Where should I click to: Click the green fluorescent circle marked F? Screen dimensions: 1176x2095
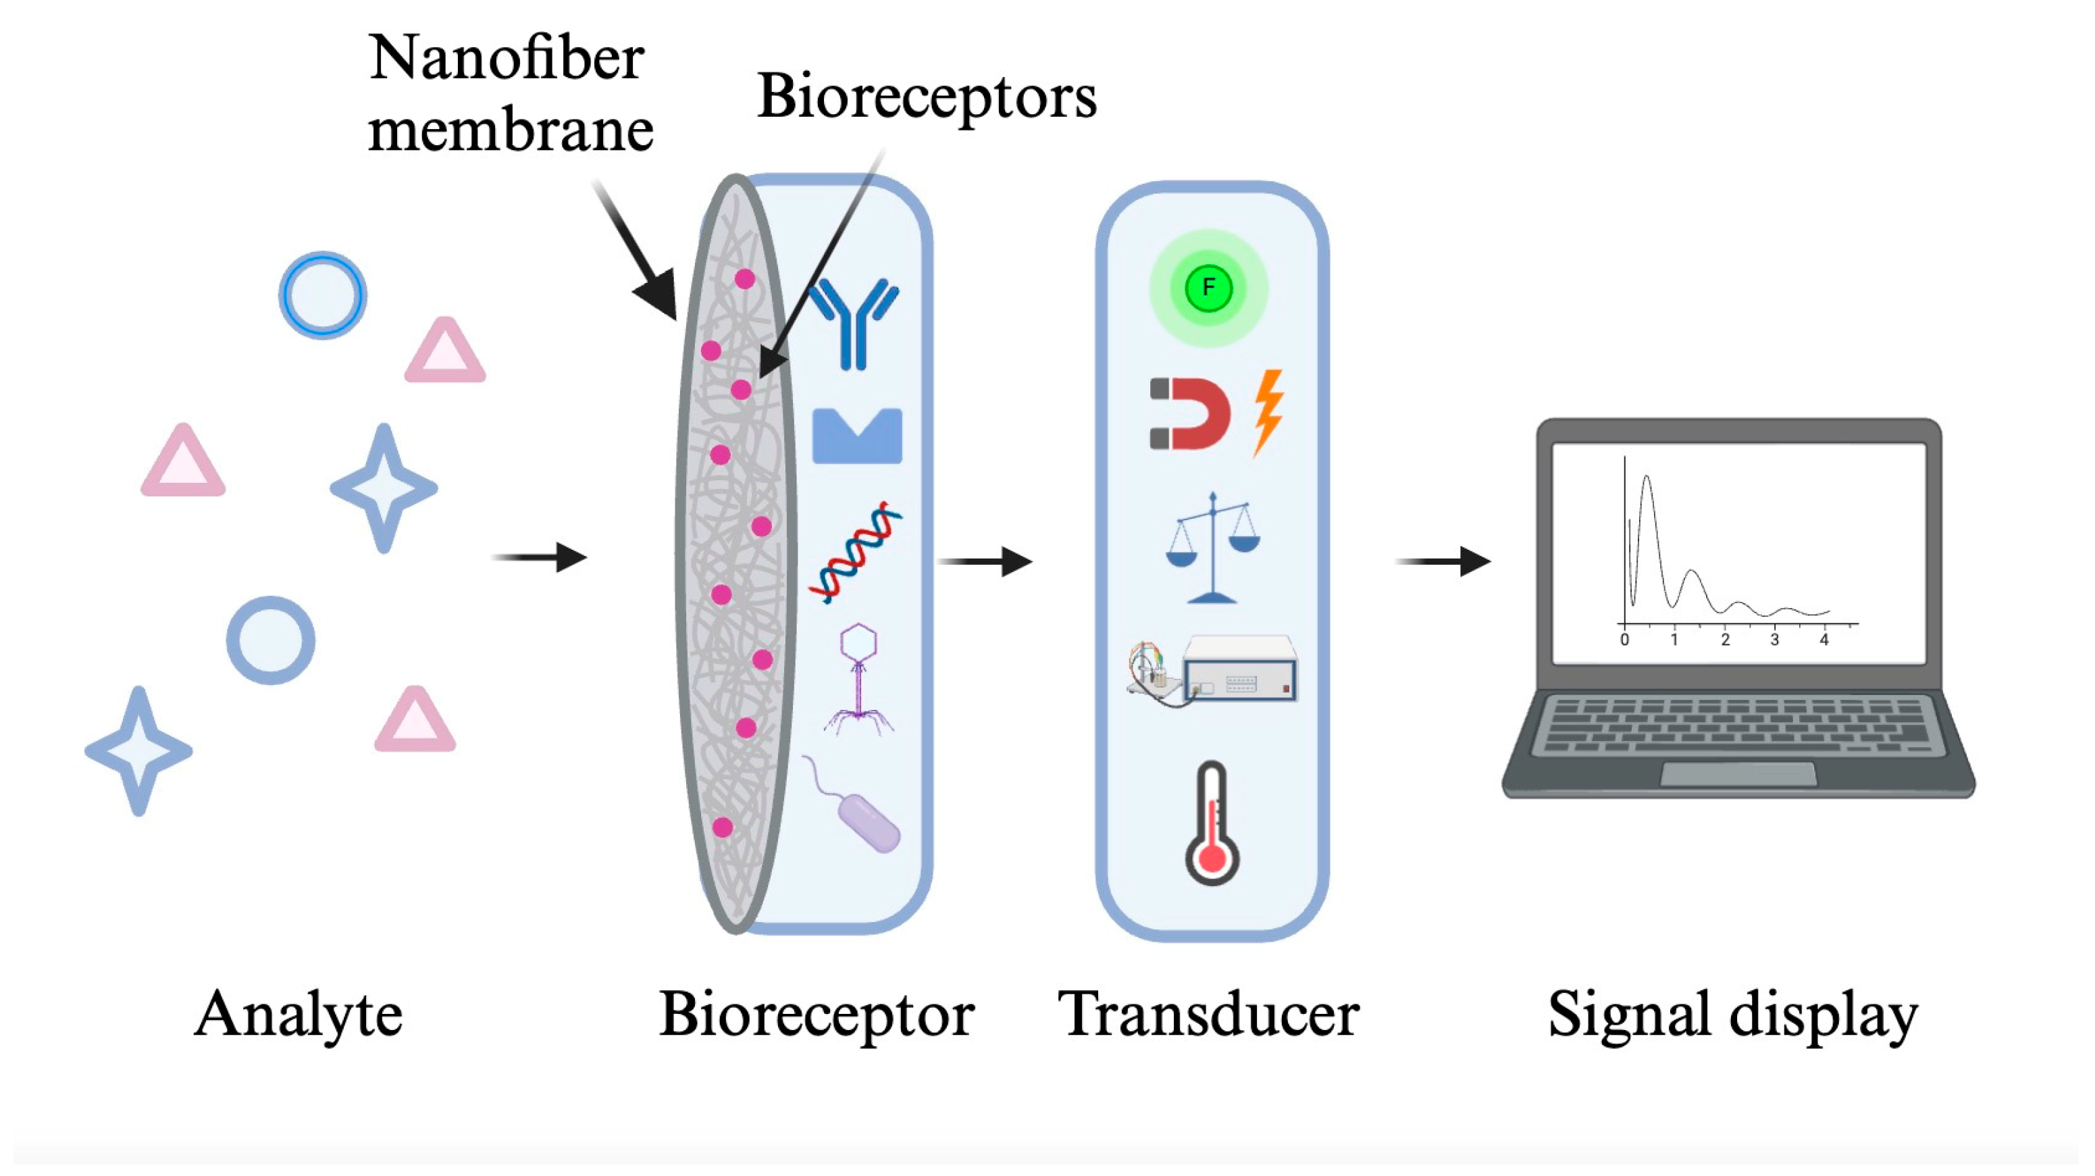[x=1208, y=288]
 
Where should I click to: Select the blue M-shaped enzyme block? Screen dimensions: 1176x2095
[x=857, y=436]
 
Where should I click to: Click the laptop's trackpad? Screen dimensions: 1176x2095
[x=1737, y=774]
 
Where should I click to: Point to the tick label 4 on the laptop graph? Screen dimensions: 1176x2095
[x=1824, y=641]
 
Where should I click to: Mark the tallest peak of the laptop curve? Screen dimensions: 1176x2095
[x=1646, y=478]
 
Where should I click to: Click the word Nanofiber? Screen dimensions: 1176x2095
[x=507, y=59]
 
